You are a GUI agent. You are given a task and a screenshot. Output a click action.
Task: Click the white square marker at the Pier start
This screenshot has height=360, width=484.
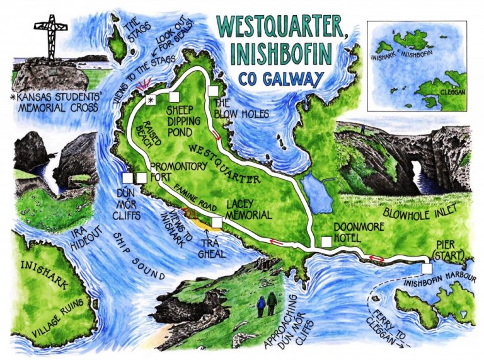pyautogui.click(x=428, y=269)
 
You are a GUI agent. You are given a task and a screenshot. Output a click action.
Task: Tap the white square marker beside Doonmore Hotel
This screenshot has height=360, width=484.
pyautogui.click(x=326, y=242)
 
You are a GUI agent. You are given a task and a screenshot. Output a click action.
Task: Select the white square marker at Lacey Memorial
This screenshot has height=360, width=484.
pyautogui.click(x=217, y=222)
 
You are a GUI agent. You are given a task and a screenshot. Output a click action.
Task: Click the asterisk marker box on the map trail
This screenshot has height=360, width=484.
pyautogui.click(x=151, y=100)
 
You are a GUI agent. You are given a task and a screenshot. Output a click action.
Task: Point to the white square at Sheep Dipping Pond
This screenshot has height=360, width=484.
pyautogui.click(x=173, y=96)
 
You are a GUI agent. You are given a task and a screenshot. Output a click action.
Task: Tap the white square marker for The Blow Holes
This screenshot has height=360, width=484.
pyautogui.click(x=212, y=90)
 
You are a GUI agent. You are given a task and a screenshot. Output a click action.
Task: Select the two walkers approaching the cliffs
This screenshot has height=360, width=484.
pyautogui.click(x=266, y=304)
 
